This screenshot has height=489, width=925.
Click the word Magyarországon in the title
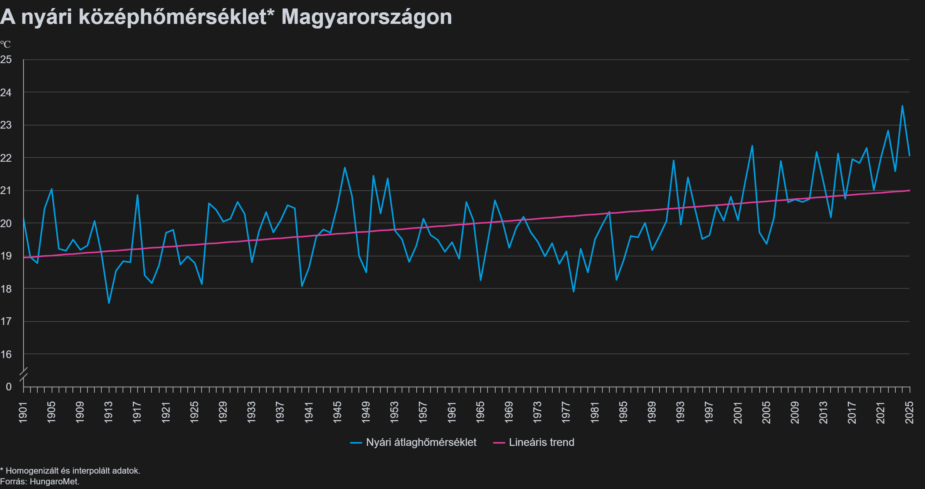367,17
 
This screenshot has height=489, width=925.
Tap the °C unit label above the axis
5,44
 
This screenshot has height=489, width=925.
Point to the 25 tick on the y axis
6,60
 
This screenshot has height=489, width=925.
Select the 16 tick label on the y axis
6,354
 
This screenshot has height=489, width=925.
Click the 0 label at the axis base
8,387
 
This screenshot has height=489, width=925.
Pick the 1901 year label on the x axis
23,412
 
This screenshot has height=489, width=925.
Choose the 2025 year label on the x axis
910,412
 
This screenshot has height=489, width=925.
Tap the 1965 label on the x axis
480,412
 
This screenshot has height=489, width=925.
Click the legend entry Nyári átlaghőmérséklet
414,442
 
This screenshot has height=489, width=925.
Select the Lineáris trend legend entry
534,442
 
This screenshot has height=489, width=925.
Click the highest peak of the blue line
902,106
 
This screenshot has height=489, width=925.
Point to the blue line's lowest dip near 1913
109,303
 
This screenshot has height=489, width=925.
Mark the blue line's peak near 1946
345,167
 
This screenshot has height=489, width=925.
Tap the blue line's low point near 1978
573,291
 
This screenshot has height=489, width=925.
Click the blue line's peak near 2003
752,146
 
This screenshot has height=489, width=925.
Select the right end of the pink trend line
910,190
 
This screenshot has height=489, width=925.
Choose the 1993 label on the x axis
680,412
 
